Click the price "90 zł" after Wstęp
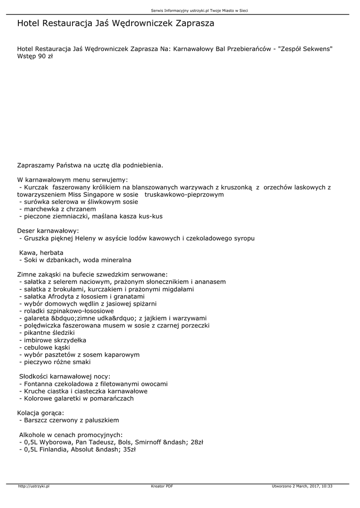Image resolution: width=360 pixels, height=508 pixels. click(x=45, y=56)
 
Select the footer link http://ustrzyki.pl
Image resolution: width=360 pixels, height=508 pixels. click(x=34, y=486)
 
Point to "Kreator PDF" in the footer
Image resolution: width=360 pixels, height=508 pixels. click(x=162, y=486)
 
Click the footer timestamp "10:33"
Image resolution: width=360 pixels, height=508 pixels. click(x=327, y=486)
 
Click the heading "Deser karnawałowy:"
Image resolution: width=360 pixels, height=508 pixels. click(x=48, y=231)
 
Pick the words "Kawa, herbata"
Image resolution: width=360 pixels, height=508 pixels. click(x=41, y=253)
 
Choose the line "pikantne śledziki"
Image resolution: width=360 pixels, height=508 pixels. click(x=49, y=332)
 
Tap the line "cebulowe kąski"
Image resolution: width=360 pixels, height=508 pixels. click(x=46, y=347)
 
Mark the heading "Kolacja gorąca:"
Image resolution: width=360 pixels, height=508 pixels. click(x=41, y=412)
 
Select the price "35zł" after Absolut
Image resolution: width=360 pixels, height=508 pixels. click(x=129, y=449)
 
